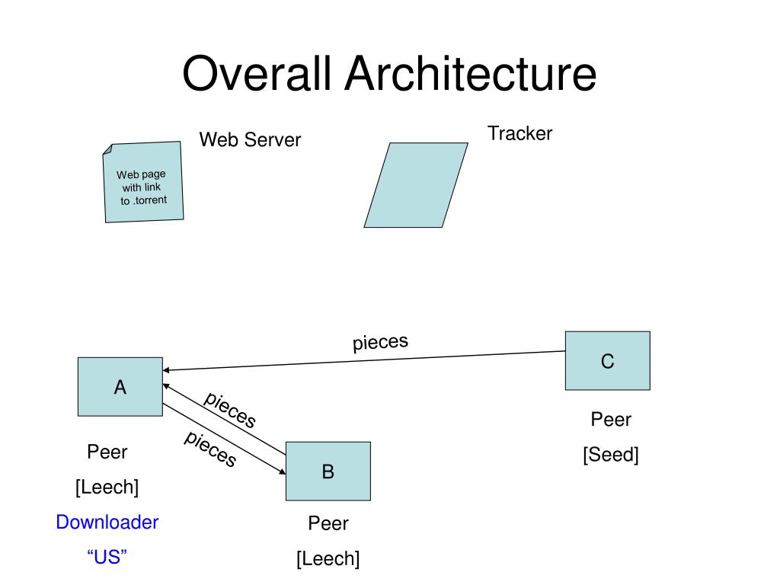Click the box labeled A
click(x=120, y=386)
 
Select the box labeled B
click(x=328, y=471)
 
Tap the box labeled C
click(x=608, y=360)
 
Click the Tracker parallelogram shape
click(x=416, y=185)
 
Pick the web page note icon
click(x=143, y=182)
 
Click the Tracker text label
click(x=519, y=133)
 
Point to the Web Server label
click(x=250, y=140)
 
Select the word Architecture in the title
click(x=471, y=73)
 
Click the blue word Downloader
click(x=107, y=523)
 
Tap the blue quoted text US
click(x=107, y=557)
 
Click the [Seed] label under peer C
click(x=611, y=455)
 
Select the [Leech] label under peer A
click(x=107, y=487)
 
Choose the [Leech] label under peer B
click(x=328, y=558)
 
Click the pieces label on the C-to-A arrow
click(x=381, y=342)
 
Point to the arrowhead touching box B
click(x=283, y=471)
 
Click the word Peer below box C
click(x=611, y=420)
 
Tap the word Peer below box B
click(x=328, y=523)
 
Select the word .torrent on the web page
click(x=150, y=200)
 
